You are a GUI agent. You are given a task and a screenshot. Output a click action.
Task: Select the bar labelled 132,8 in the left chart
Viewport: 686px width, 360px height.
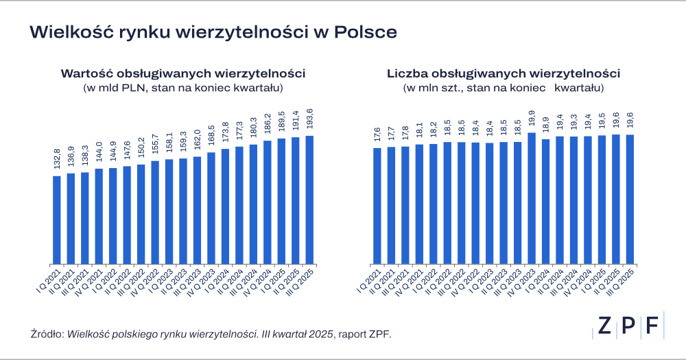click(x=57, y=219)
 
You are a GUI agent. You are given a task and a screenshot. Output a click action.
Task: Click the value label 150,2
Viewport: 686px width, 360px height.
click(x=141, y=150)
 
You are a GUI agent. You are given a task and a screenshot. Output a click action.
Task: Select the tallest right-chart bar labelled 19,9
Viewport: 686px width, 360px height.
click(x=532, y=198)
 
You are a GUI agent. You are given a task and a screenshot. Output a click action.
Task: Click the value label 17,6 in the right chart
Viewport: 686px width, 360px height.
click(x=377, y=134)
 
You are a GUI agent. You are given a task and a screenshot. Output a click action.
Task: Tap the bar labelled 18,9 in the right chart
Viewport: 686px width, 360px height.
click(x=545, y=202)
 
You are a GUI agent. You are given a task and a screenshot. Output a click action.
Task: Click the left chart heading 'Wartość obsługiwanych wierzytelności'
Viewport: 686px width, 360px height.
click(x=182, y=73)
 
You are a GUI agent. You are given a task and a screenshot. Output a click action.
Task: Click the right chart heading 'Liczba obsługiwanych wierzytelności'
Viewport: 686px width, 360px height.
click(x=504, y=73)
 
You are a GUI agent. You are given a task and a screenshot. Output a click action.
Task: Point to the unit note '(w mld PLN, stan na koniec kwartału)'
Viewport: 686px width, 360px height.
click(x=182, y=88)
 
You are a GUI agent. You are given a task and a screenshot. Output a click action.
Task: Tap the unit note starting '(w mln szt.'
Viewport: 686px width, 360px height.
click(x=504, y=88)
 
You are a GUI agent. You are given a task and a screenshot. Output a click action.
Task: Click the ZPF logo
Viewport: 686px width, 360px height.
click(x=628, y=326)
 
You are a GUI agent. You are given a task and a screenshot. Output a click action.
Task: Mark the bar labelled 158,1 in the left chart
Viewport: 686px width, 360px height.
click(x=169, y=212)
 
